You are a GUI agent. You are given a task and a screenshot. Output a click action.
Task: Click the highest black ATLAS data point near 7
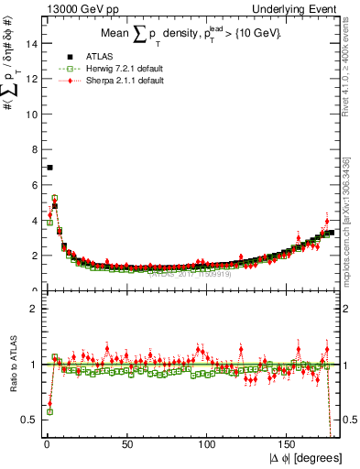49,167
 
